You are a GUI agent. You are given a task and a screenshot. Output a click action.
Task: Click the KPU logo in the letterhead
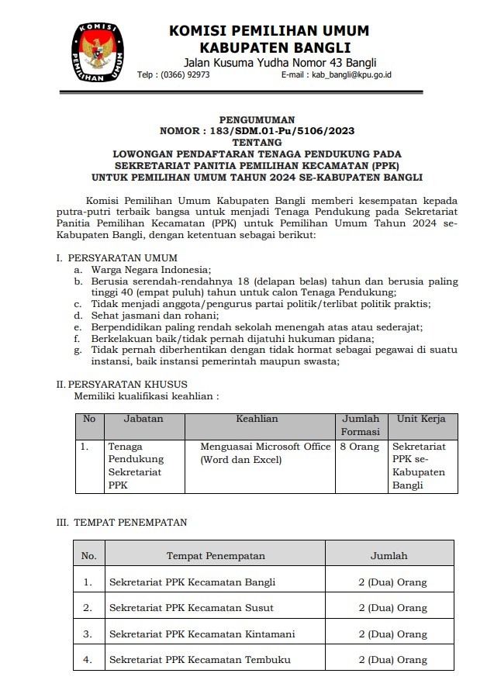tap(98, 53)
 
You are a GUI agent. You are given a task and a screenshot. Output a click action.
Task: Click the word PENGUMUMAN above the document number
tap(257, 120)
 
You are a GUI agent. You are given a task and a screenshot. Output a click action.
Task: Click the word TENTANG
tap(257, 143)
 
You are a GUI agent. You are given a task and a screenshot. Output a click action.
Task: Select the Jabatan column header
tap(143, 419)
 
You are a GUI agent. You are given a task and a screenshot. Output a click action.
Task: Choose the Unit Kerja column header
tap(421, 419)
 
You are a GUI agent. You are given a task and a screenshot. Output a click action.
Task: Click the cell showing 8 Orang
tap(360, 447)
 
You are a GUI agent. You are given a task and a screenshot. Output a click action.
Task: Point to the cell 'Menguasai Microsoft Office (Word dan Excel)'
tap(265, 454)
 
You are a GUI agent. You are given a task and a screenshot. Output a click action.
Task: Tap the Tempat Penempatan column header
tap(216, 556)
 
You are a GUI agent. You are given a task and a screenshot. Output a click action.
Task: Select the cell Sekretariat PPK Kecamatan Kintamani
tap(202, 634)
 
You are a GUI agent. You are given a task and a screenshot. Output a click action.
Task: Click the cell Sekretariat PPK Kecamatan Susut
tap(191, 608)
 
